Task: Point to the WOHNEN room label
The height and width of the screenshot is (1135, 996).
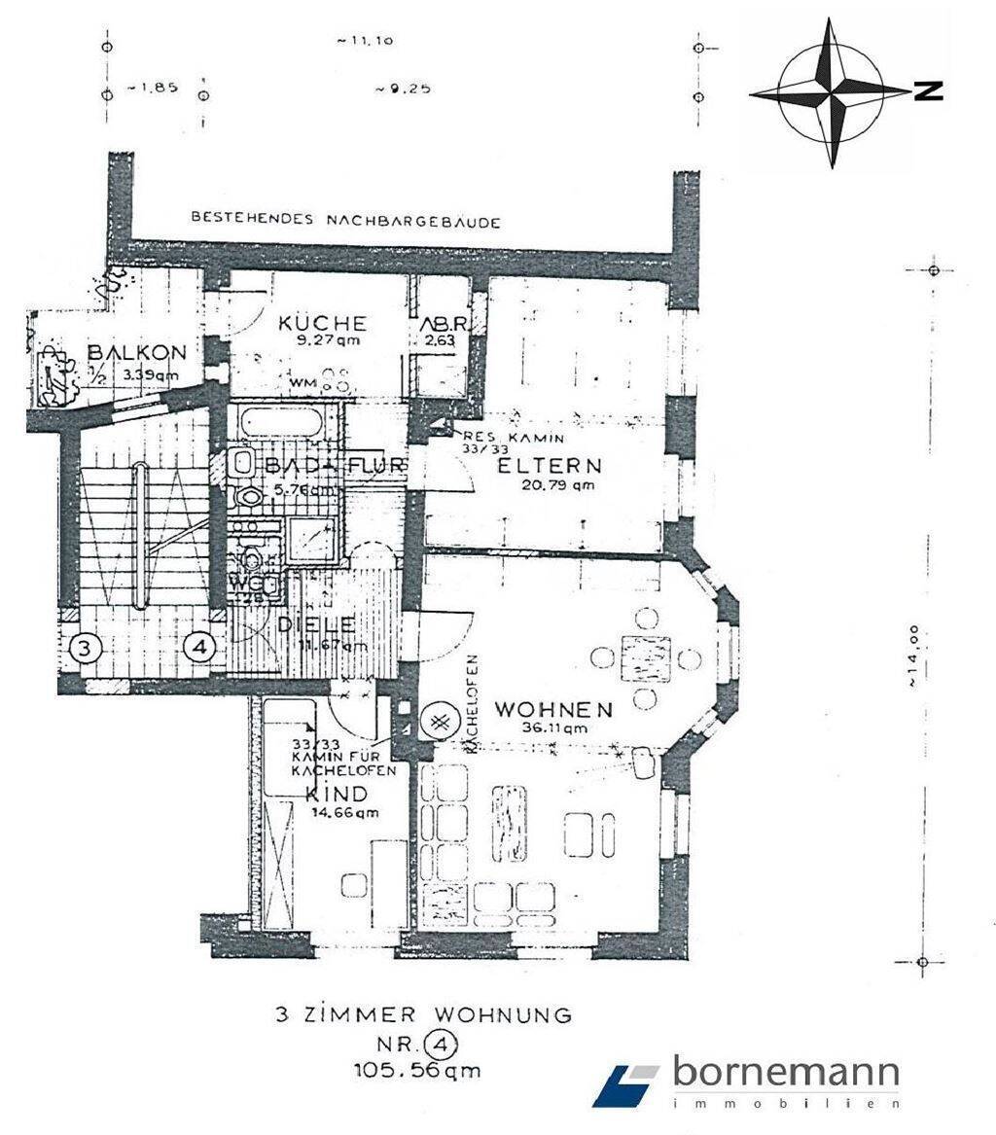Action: click(x=553, y=709)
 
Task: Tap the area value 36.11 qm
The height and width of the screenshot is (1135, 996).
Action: click(x=554, y=727)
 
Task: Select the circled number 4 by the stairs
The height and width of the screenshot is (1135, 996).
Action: click(x=199, y=647)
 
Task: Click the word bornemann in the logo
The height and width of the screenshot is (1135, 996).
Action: click(x=785, y=1074)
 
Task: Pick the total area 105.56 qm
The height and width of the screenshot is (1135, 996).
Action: click(x=419, y=1071)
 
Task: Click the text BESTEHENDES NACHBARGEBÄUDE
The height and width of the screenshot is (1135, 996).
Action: click(x=345, y=221)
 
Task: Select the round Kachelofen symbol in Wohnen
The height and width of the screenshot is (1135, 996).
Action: click(x=439, y=721)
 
